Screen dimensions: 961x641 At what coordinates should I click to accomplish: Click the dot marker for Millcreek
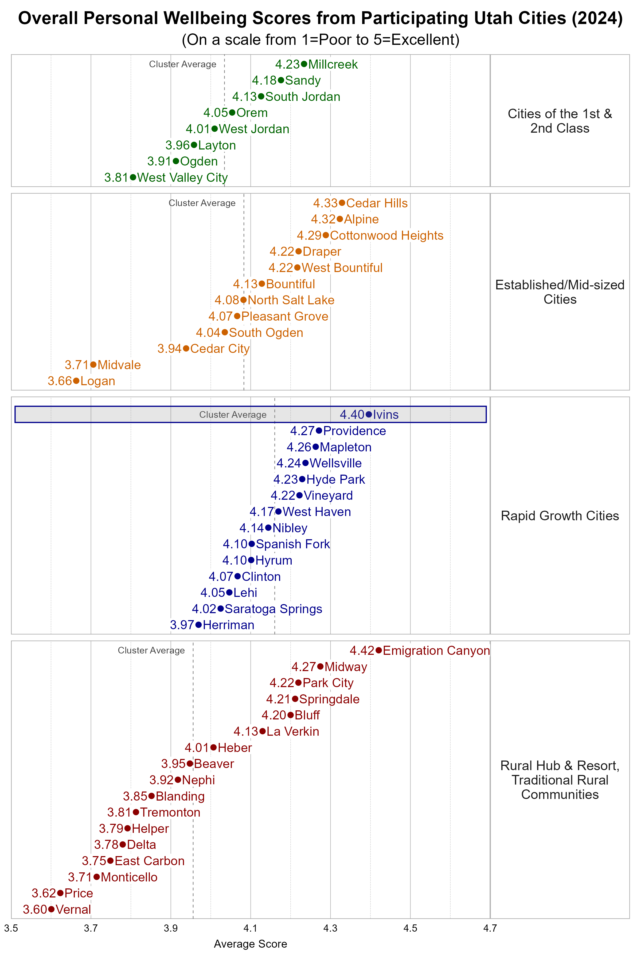[x=304, y=64]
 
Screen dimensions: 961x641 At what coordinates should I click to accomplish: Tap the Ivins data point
[x=369, y=414]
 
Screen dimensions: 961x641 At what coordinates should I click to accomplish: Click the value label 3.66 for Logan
[x=60, y=381]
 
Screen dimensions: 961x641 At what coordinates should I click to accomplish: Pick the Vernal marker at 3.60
[x=51, y=909]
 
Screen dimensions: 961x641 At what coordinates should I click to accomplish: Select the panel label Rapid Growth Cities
[x=560, y=516]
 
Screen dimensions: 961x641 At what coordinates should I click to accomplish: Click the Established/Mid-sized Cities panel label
[x=560, y=292]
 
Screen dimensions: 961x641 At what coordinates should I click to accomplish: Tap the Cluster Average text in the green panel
[x=182, y=64]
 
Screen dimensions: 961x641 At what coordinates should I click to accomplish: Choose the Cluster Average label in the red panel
[x=151, y=650]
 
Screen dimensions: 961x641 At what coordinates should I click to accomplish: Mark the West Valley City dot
[x=133, y=177]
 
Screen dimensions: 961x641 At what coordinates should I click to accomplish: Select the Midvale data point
[x=93, y=364]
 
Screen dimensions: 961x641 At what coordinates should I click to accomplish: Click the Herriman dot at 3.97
[x=199, y=625]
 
